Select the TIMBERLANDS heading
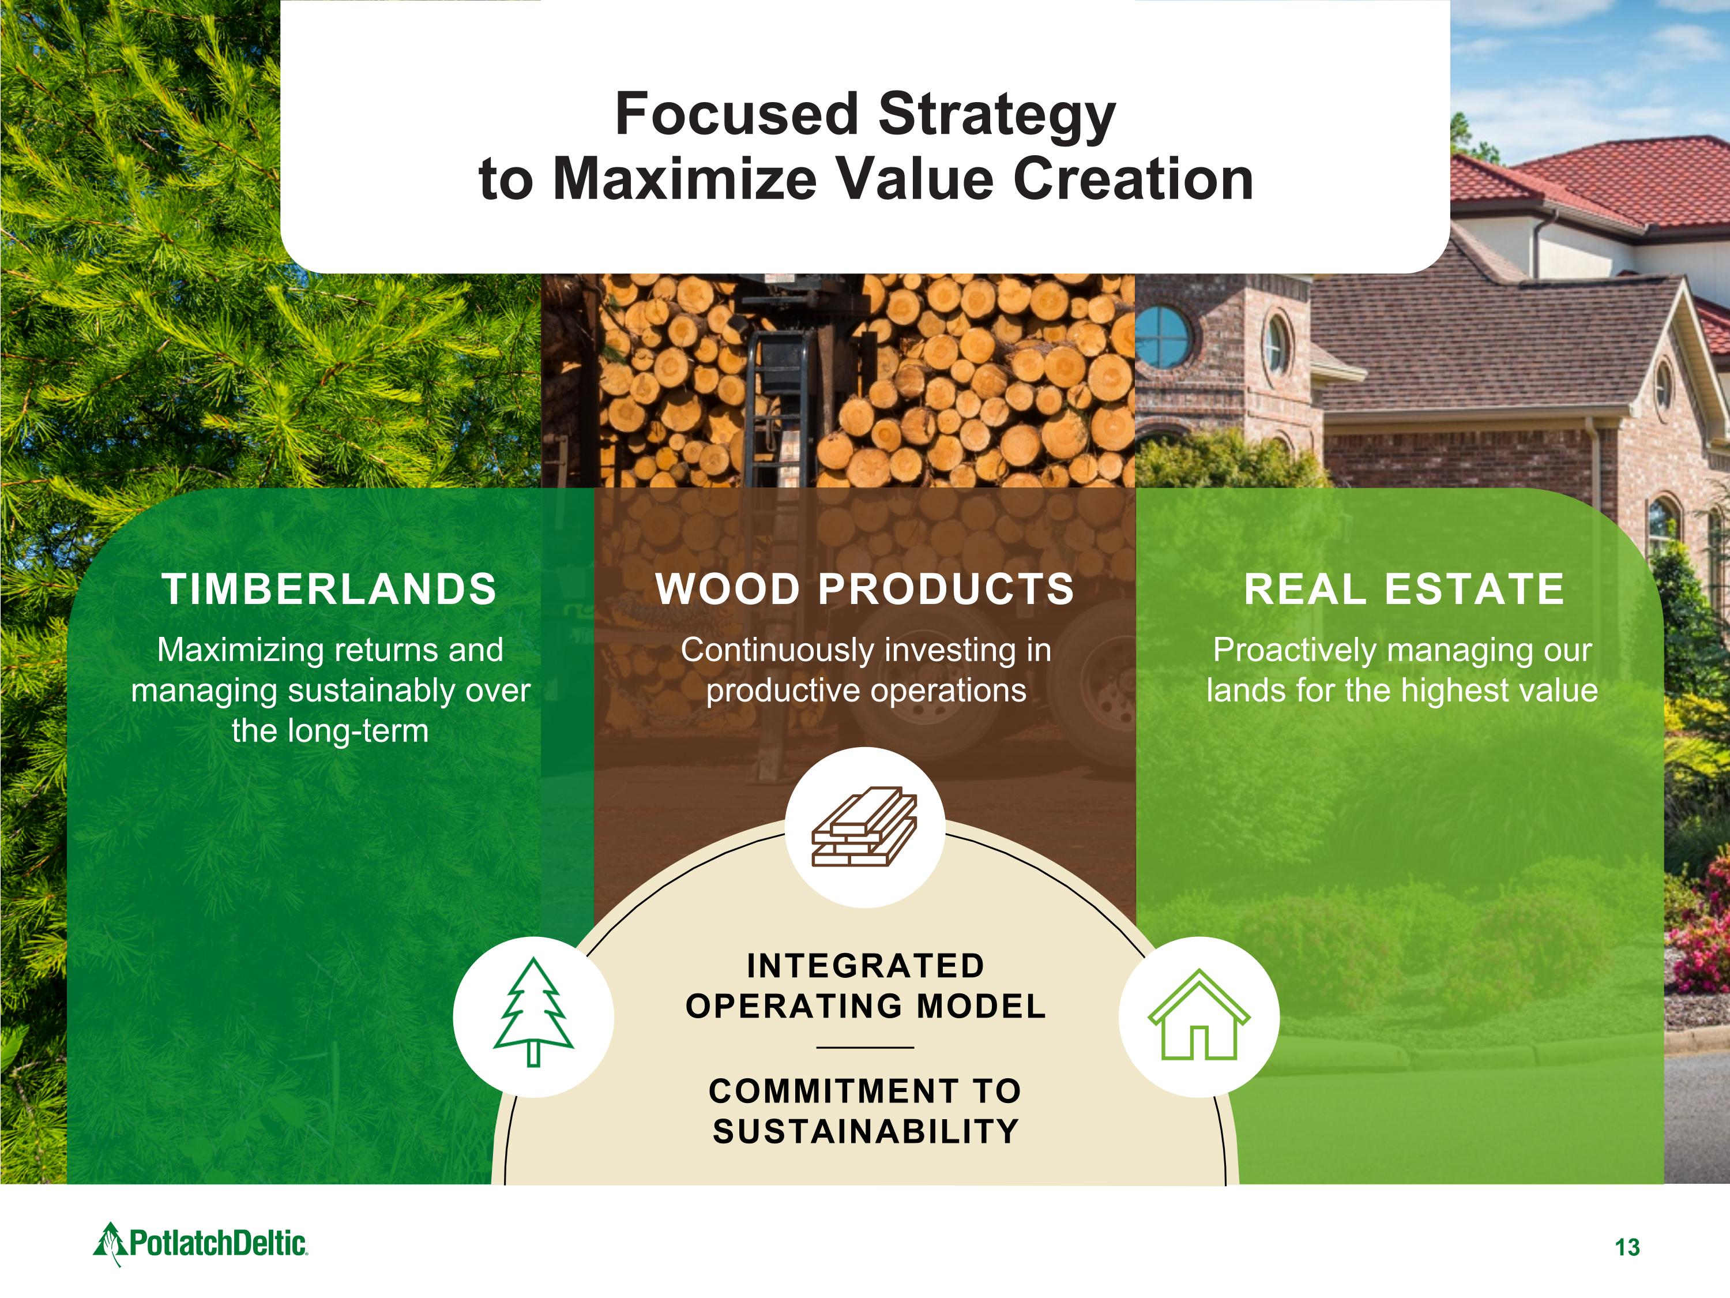tap(329, 589)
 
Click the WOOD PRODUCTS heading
tap(865, 589)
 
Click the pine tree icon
tap(533, 1012)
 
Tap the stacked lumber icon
tap(864, 827)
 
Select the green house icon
tap(1199, 1014)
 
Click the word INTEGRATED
tap(865, 966)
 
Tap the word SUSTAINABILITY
tap(866, 1131)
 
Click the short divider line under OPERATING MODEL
tap(865, 1047)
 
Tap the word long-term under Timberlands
tap(358, 731)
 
